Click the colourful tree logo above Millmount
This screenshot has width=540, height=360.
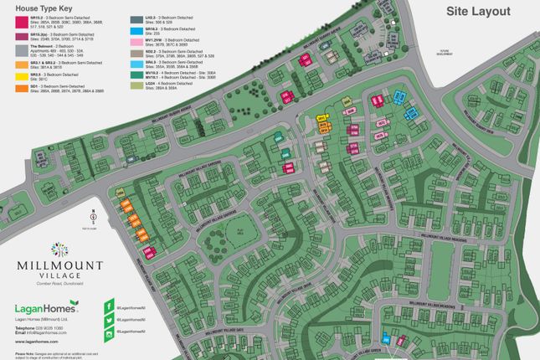(59, 249)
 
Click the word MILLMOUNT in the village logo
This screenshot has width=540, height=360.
(59, 265)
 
